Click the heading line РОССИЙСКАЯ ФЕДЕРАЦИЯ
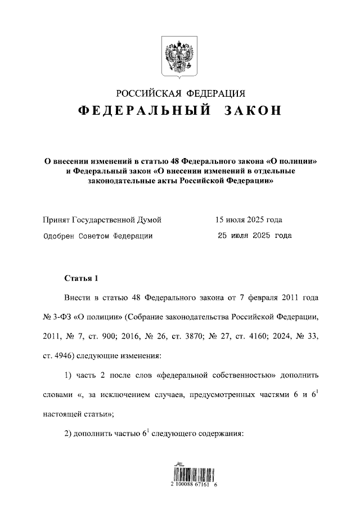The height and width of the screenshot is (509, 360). tap(180, 93)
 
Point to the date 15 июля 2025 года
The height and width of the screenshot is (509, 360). tap(248, 220)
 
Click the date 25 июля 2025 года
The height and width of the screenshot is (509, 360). tap(254, 236)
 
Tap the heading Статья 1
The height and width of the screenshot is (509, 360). tap(81, 278)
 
